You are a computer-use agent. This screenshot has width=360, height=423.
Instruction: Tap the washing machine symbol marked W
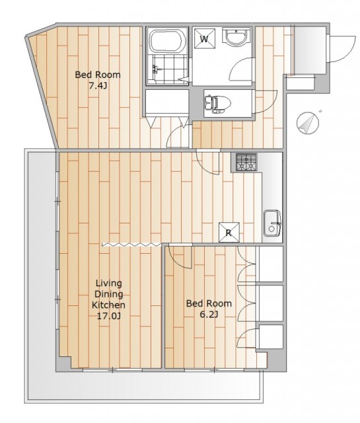click(x=205, y=38)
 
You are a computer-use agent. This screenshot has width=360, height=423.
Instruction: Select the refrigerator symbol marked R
click(x=229, y=232)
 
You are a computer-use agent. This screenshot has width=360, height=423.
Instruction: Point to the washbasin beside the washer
click(x=236, y=37)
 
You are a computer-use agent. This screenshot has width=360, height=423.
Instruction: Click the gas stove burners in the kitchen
click(x=246, y=162)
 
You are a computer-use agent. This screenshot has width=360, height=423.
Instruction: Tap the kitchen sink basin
click(x=272, y=223)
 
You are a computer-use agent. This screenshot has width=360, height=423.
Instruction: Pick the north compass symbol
click(x=308, y=123)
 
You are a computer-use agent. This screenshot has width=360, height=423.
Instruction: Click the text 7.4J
click(x=98, y=86)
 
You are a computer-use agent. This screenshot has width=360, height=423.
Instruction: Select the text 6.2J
click(x=209, y=315)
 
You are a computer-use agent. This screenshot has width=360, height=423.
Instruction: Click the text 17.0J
click(x=109, y=316)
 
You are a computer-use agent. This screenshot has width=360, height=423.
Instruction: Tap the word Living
click(x=109, y=284)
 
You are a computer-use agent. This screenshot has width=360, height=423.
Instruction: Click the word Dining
click(x=109, y=294)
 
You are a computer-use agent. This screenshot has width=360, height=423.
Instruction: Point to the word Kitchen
click(x=109, y=305)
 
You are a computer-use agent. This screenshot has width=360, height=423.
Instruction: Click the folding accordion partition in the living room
click(x=130, y=245)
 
